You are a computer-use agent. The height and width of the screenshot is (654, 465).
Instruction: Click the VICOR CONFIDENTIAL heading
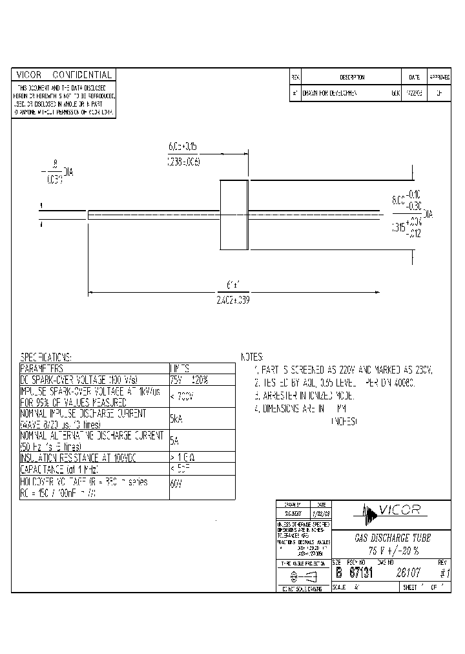point(64,75)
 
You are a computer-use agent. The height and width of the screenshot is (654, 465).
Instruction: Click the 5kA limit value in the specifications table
point(176,419)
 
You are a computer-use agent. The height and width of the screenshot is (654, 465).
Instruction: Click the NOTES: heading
point(253,357)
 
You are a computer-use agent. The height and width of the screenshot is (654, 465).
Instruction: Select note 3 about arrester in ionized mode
point(305,394)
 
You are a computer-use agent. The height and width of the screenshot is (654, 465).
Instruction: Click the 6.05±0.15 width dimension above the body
point(183,147)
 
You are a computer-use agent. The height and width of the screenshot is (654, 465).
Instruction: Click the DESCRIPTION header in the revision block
point(352,77)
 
